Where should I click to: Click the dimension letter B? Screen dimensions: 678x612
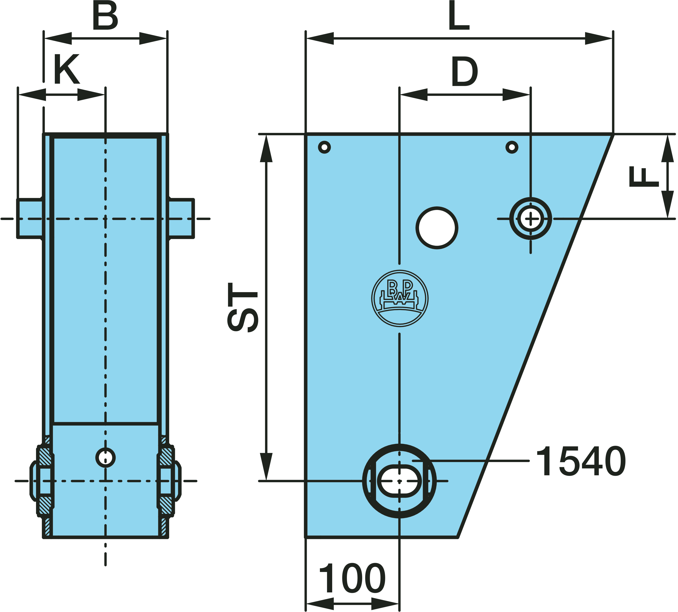(105, 16)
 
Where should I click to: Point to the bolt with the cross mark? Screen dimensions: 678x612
(530, 219)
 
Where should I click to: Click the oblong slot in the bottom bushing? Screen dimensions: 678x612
(399, 481)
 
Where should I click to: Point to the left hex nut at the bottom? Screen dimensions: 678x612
(41, 481)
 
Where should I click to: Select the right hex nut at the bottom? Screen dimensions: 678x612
(169, 481)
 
